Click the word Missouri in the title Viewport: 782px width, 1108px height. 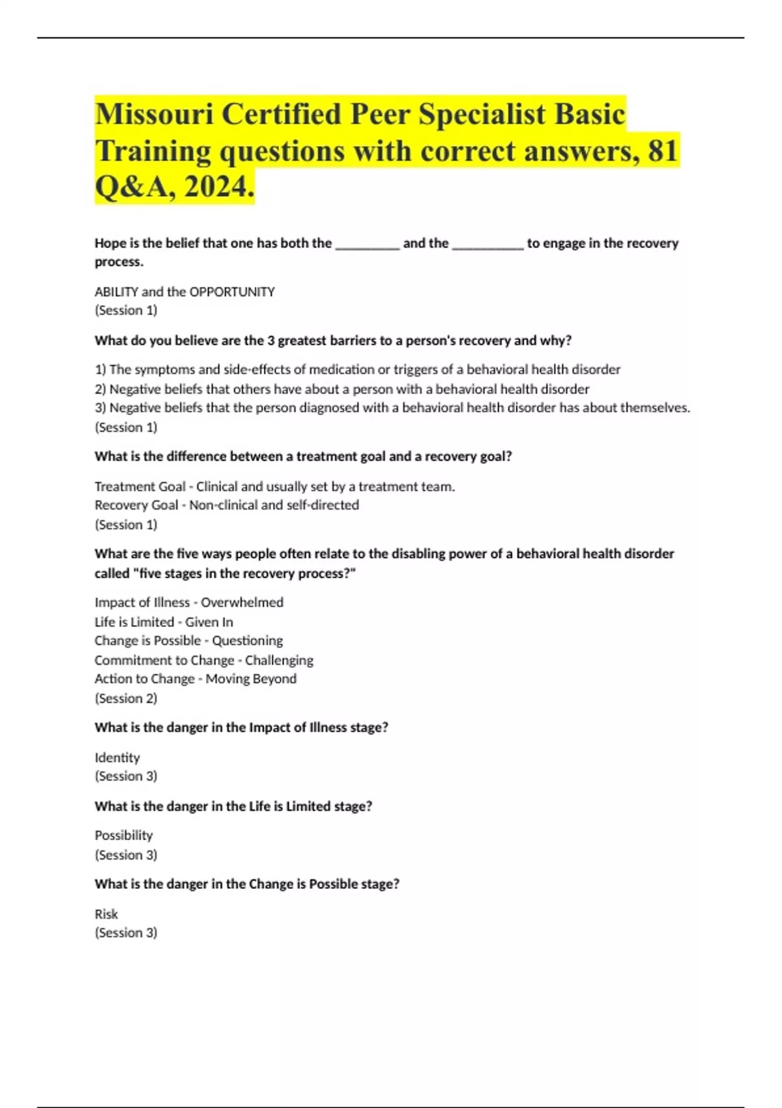[154, 115]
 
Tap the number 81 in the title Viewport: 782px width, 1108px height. [663, 151]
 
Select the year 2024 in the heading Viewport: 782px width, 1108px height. [219, 188]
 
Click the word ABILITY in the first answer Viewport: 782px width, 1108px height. [116, 292]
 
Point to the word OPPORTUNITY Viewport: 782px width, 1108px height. [232, 292]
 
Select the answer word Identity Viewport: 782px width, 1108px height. [117, 757]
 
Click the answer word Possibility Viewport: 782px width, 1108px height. [123, 836]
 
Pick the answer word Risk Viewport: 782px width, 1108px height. [106, 914]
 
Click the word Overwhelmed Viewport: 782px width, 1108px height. [242, 602]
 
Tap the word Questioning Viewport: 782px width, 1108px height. [247, 641]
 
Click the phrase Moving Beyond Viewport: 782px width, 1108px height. [251, 679]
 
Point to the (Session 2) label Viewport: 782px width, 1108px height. [126, 698]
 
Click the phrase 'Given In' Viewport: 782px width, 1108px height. [209, 622]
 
